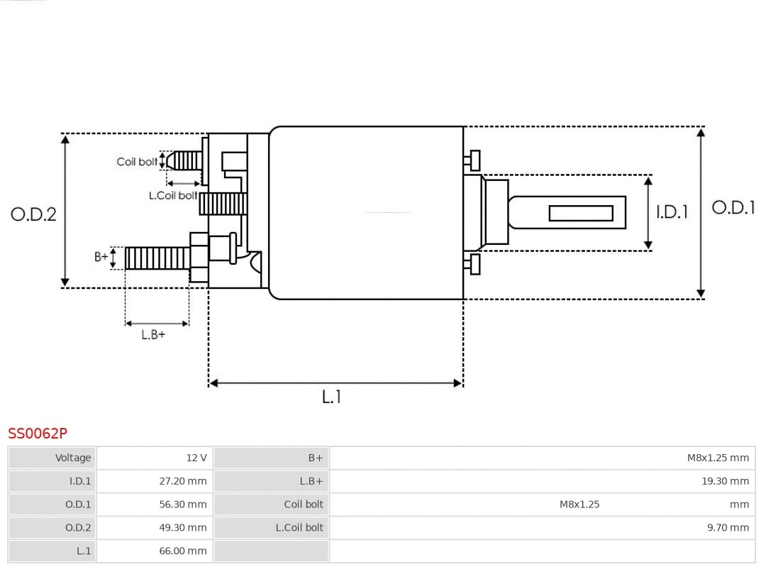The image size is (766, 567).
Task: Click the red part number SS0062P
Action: (x=38, y=433)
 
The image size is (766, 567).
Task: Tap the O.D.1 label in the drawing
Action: (x=733, y=207)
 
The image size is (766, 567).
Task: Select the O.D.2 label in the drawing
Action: (x=33, y=214)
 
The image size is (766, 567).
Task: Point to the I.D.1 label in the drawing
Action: (x=671, y=211)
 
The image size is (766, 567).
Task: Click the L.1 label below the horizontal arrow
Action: (x=331, y=397)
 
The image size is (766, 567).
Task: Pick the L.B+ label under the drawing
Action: (x=152, y=334)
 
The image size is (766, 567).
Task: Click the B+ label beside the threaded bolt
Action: (x=101, y=257)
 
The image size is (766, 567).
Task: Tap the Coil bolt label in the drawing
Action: (x=137, y=162)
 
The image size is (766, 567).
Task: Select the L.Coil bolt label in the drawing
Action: (x=172, y=195)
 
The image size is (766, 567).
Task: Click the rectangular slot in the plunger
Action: (x=581, y=213)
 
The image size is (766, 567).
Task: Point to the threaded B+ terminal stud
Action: (x=157, y=258)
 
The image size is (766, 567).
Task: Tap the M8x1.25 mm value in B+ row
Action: (x=718, y=458)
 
